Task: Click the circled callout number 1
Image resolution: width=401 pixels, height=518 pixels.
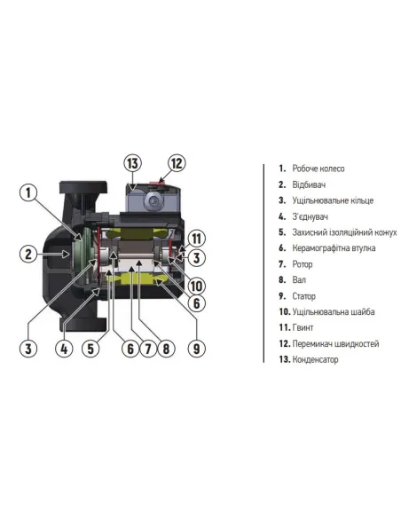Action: click(28, 192)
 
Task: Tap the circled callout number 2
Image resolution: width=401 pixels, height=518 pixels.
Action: click(28, 254)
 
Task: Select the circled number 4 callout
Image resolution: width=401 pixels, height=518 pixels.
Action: click(64, 349)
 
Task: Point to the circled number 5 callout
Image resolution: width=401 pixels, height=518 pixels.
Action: click(90, 349)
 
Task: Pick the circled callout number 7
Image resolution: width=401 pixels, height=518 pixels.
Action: click(148, 349)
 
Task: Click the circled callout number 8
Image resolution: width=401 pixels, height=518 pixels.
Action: click(166, 349)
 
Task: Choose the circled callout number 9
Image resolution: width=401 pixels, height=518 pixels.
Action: click(197, 349)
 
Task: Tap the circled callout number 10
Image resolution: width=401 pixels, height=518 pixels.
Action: click(197, 286)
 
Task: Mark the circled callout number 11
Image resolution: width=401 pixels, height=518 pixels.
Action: click(197, 239)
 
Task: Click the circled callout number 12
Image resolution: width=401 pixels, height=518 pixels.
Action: click(177, 163)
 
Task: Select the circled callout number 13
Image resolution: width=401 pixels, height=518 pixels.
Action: click(132, 163)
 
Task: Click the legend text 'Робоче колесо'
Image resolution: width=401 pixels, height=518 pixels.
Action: click(318, 169)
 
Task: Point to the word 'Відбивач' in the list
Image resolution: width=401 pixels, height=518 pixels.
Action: click(309, 184)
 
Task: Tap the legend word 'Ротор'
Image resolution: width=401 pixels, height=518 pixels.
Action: click(303, 264)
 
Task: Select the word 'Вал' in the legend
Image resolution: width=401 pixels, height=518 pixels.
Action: click(299, 279)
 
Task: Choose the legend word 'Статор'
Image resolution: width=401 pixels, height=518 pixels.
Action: click(304, 296)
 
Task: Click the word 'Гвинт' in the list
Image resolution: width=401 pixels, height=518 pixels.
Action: click(303, 327)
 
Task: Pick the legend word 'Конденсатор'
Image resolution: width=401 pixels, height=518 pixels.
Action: click(315, 359)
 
